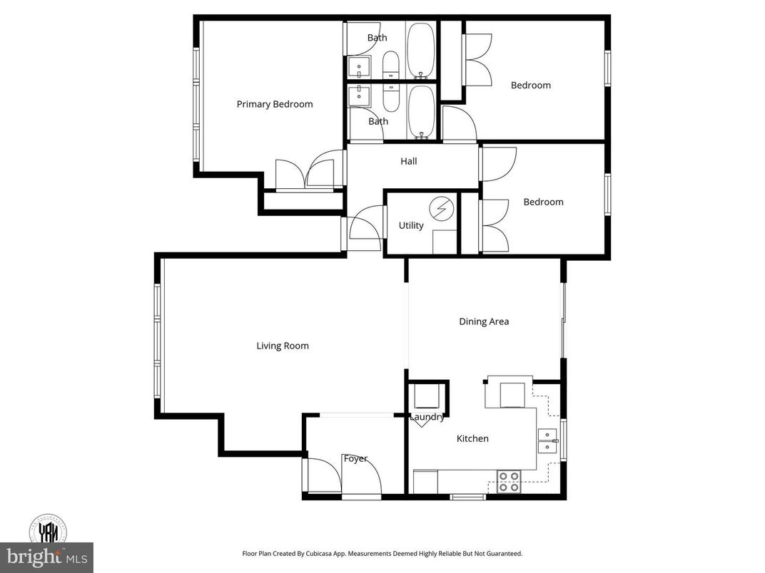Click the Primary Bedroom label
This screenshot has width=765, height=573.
275,104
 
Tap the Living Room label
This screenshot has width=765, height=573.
283,346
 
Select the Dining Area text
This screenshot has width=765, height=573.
484,321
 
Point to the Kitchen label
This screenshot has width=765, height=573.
472,438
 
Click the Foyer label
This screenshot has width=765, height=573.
355,458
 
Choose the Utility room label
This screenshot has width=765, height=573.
411,225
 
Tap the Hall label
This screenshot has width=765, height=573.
408,161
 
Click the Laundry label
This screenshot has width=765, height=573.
427,417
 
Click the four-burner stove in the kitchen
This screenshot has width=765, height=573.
508,482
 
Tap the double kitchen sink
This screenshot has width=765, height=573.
547,442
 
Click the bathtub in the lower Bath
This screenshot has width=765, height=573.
421,112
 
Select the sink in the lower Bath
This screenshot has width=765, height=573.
358,95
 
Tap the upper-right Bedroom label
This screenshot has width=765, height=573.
530,85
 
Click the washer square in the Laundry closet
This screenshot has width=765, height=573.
427,396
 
